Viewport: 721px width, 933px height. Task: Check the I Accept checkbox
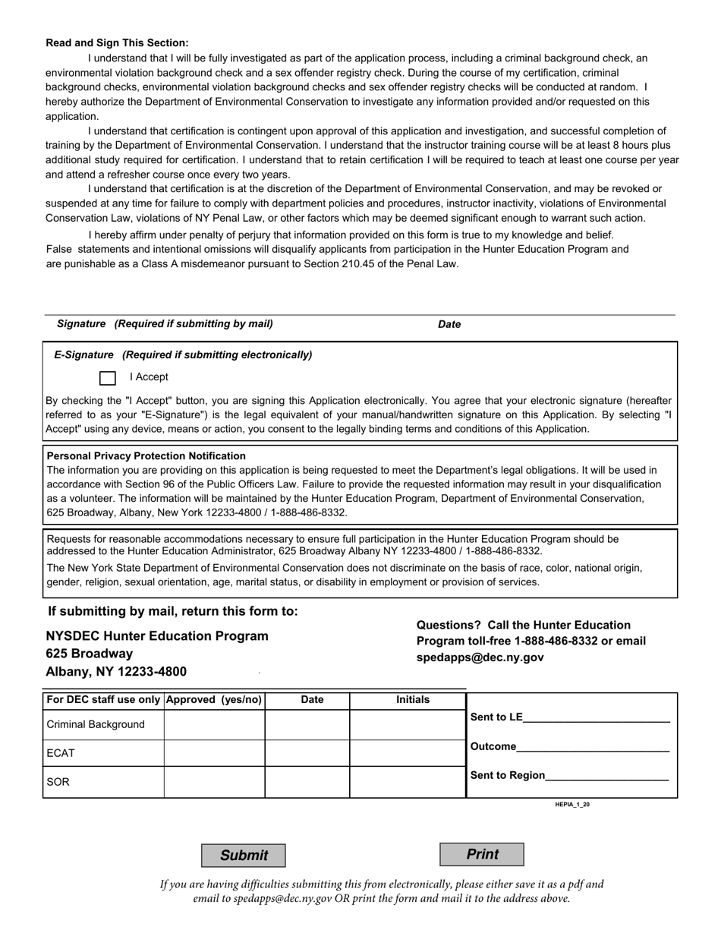pyautogui.click(x=108, y=378)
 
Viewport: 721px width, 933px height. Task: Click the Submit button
pyautogui.click(x=244, y=856)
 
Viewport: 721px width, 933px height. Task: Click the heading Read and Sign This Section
pyautogui.click(x=118, y=43)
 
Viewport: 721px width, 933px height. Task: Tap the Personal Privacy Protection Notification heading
pyautogui.click(x=146, y=456)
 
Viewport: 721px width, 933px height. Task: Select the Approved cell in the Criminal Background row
pyautogui.click(x=214, y=725)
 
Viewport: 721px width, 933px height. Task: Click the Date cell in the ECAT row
pyautogui.click(x=307, y=753)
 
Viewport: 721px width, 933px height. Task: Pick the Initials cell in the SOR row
pyautogui.click(x=408, y=782)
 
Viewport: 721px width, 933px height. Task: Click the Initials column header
pyautogui.click(x=413, y=700)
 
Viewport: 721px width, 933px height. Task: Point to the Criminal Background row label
pyautogui.click(x=96, y=725)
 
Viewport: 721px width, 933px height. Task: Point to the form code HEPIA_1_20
pyautogui.click(x=572, y=804)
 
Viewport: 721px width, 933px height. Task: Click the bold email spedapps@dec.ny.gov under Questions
pyautogui.click(x=480, y=658)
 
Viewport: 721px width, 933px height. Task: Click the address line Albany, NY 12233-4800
pyautogui.click(x=116, y=672)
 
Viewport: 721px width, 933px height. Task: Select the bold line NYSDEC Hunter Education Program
pyautogui.click(x=157, y=636)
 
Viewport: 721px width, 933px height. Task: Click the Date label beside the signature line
pyautogui.click(x=449, y=324)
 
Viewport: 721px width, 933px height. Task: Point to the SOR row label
pyautogui.click(x=58, y=782)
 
